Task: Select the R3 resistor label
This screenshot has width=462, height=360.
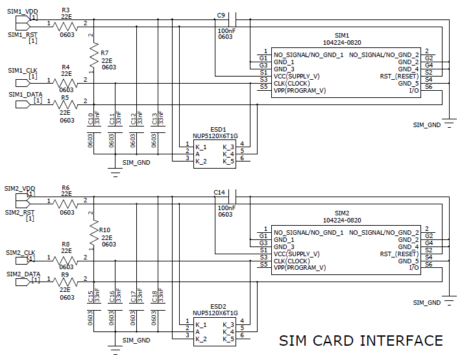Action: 66,10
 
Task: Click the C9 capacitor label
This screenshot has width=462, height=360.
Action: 221,15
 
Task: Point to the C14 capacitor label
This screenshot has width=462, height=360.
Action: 219,193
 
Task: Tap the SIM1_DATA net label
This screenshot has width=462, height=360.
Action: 25,95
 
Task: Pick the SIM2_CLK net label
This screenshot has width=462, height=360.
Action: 21,252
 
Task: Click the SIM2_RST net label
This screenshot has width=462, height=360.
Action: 20,213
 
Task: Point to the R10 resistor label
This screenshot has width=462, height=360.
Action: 104,230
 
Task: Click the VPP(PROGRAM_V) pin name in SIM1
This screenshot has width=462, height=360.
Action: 300,91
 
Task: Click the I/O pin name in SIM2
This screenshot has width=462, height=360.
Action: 413,268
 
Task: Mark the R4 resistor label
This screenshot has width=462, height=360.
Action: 66,67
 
